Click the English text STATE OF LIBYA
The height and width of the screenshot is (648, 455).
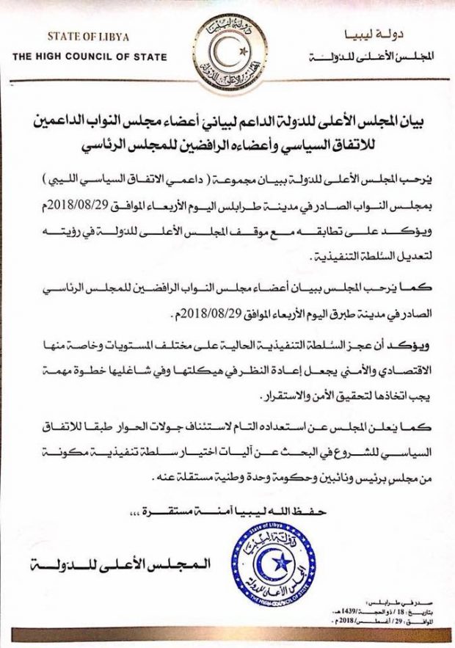(x=89, y=35)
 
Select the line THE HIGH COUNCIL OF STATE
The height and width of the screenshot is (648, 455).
(x=89, y=57)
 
